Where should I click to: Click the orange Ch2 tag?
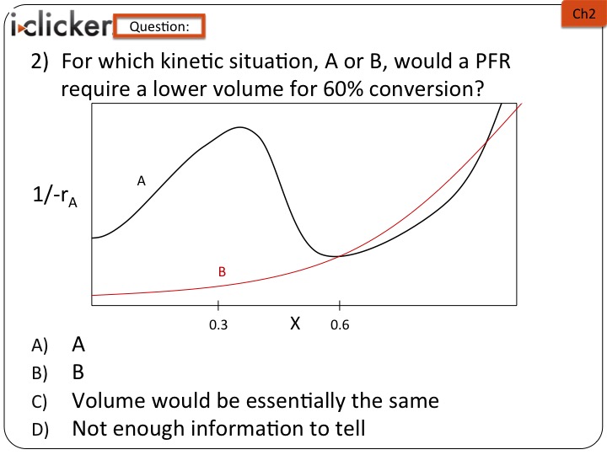point(583,14)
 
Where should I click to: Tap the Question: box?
point(159,26)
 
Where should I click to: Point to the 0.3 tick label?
point(218,325)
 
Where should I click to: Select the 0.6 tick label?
point(340,325)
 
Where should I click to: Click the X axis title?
point(295,323)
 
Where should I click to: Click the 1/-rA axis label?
point(55,196)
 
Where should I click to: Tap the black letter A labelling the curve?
point(142,180)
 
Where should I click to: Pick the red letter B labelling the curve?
point(222,271)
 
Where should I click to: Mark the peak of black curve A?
point(240,127)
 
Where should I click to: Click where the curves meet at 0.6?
point(339,256)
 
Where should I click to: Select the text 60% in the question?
point(343,89)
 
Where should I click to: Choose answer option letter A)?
point(40,345)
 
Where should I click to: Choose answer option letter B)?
point(40,373)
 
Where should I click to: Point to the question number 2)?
point(40,62)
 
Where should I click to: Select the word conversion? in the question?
point(427,89)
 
